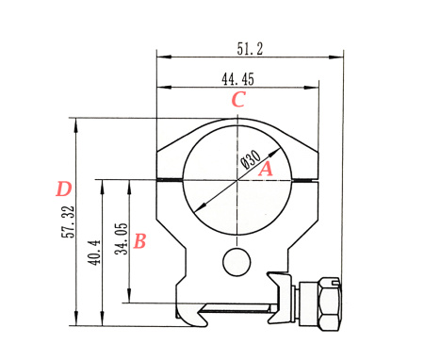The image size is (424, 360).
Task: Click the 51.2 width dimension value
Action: click(x=250, y=49)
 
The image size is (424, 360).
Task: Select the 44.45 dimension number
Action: click(x=237, y=79)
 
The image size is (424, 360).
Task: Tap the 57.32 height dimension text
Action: click(x=68, y=221)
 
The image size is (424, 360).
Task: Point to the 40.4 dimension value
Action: click(x=94, y=253)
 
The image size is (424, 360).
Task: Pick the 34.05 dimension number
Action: click(x=122, y=238)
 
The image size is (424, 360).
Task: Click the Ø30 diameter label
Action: click(x=251, y=159)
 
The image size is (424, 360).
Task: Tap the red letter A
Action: click(x=266, y=169)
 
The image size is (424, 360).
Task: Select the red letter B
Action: click(x=139, y=241)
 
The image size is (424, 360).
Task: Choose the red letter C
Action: click(x=238, y=99)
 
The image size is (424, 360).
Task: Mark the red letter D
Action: click(x=64, y=189)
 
